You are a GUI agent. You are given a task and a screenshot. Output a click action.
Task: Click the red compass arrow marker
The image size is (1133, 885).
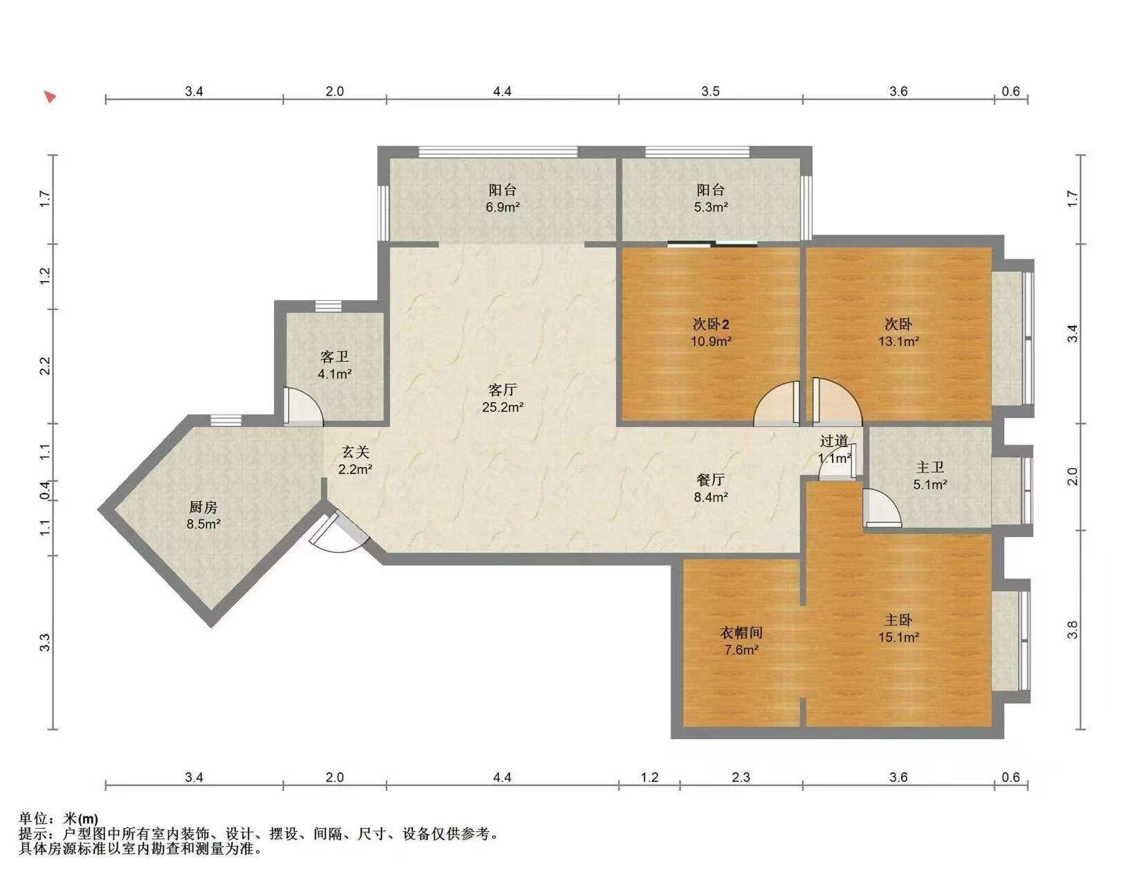pyautogui.click(x=51, y=96)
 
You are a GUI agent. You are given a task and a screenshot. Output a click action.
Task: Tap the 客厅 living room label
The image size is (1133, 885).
pyautogui.click(x=502, y=390)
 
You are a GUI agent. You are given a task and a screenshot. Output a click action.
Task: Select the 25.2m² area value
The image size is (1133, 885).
pyautogui.click(x=502, y=407)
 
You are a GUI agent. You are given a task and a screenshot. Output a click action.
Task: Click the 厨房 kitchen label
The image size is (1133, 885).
pyautogui.click(x=203, y=507)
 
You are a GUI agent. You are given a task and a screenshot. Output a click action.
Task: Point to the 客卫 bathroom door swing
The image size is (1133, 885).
pyautogui.click(x=303, y=406)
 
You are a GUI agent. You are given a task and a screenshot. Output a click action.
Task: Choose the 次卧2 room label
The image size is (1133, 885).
pyautogui.click(x=710, y=325)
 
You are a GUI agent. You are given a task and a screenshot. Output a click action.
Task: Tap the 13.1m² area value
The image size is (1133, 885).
pyautogui.click(x=898, y=341)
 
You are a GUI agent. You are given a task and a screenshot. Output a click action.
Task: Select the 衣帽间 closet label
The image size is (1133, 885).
pyautogui.click(x=741, y=632)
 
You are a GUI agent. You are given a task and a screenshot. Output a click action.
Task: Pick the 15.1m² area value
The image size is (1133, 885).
pyautogui.click(x=898, y=637)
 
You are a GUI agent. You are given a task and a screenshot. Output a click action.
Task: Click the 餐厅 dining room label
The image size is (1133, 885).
pyautogui.click(x=710, y=480)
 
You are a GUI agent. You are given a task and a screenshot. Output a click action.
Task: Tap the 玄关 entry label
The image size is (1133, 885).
pyautogui.click(x=355, y=452)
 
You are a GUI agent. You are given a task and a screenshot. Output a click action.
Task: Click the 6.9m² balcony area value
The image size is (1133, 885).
pyautogui.click(x=502, y=207)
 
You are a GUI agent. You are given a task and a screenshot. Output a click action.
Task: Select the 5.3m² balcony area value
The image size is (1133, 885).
pyautogui.click(x=711, y=207)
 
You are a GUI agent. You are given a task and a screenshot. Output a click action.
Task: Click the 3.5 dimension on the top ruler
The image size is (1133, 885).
pyautogui.click(x=710, y=92)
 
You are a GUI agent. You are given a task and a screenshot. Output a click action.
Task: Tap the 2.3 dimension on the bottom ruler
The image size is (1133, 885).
pyautogui.click(x=741, y=778)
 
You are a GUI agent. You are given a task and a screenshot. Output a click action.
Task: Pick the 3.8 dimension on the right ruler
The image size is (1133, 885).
pyautogui.click(x=1073, y=630)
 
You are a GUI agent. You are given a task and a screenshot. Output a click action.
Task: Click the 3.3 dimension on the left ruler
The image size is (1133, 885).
pyautogui.click(x=45, y=642)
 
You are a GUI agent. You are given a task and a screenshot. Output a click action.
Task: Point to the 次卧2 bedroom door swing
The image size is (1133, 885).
pyautogui.click(x=777, y=402)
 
